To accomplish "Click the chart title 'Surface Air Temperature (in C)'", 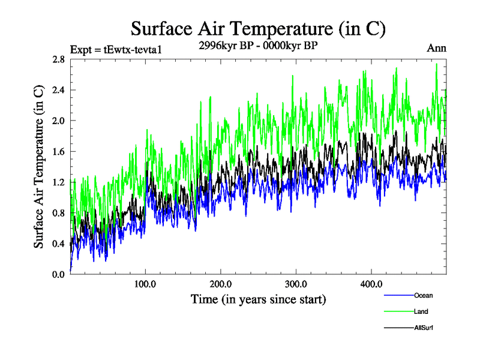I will [x=258, y=29].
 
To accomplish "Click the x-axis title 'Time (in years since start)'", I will [x=259, y=298].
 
